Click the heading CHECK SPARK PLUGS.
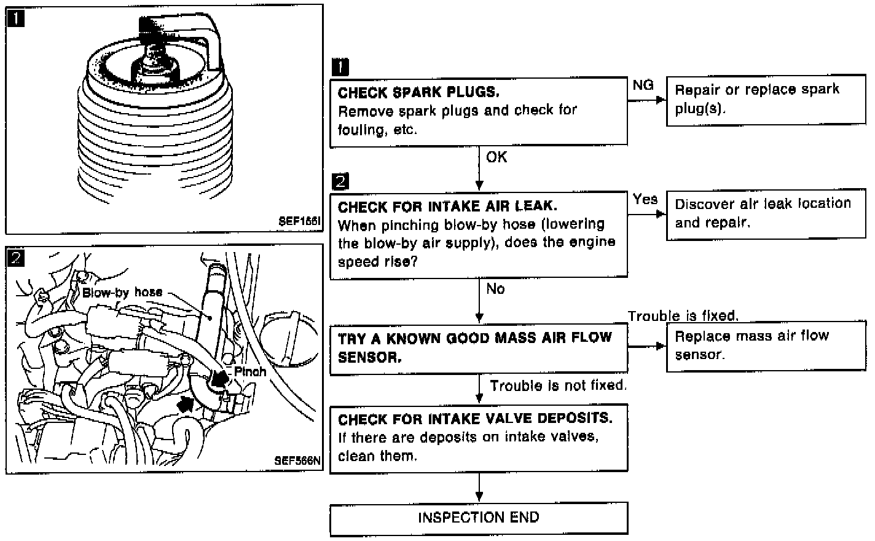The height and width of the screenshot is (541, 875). [418, 92]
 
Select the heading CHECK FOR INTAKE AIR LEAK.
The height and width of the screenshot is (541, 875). [447, 207]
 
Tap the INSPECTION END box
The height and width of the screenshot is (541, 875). [479, 518]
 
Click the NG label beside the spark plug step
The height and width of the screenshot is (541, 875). [643, 85]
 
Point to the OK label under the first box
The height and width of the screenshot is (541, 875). [496, 157]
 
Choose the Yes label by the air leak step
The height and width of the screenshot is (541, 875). [645, 199]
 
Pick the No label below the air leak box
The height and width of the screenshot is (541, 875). [495, 289]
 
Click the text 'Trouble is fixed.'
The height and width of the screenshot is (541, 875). [683, 316]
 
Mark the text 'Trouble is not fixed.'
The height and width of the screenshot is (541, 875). [558, 386]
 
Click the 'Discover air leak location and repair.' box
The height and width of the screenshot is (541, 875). [766, 213]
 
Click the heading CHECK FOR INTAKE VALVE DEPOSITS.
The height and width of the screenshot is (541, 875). [475, 419]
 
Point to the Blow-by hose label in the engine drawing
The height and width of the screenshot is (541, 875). [122, 293]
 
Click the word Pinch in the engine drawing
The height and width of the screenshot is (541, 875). [250, 371]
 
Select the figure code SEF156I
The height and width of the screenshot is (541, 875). [299, 222]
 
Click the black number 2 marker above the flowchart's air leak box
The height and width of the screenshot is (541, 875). [339, 181]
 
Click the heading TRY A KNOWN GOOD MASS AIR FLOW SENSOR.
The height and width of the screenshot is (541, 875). [475, 347]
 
